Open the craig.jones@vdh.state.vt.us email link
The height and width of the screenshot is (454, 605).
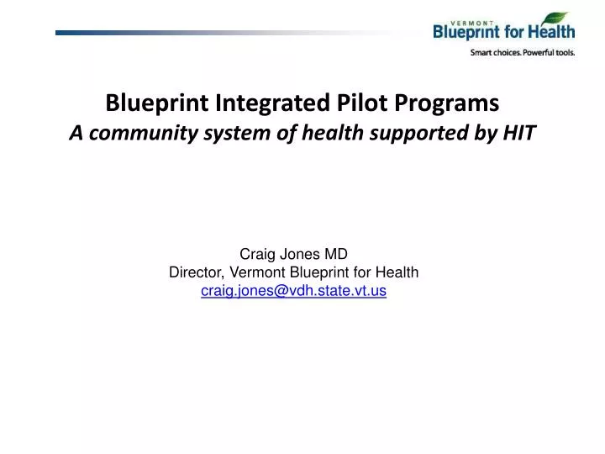294,291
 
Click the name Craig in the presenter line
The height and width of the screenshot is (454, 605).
257,253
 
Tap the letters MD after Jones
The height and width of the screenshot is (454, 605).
337,253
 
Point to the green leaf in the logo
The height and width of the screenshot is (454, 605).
555,18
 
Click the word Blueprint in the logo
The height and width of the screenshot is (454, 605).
472,33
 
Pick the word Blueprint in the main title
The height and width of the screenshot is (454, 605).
159,104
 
